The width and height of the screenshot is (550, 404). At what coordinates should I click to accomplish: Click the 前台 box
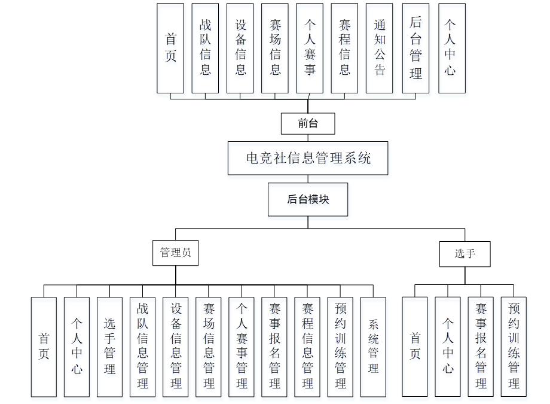tap(308, 124)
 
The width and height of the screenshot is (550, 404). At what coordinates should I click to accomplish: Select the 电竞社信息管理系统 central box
tap(308, 158)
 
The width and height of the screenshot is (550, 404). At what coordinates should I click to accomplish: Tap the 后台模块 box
tap(308, 200)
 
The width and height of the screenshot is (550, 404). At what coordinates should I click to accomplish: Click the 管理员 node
tap(175, 253)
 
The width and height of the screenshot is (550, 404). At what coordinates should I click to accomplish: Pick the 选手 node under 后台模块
tap(465, 254)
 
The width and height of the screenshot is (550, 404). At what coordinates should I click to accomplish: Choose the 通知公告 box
tap(380, 48)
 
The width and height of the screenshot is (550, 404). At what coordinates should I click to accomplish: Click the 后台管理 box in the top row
tap(415, 48)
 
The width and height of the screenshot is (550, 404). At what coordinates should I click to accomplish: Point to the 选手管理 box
tap(109, 347)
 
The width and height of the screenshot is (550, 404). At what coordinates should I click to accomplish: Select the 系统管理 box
tap(373, 347)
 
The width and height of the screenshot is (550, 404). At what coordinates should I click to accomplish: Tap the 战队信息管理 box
tap(142, 347)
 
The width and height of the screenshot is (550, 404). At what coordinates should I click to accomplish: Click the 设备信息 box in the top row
tap(240, 48)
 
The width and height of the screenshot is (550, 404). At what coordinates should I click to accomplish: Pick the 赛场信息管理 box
tap(208, 347)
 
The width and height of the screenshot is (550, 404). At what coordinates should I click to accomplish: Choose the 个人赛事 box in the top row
tap(310, 48)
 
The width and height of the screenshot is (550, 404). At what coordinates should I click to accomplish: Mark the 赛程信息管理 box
tap(307, 347)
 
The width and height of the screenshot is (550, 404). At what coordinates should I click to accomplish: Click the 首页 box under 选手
tap(415, 347)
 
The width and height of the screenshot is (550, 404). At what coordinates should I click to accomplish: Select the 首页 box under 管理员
tap(44, 347)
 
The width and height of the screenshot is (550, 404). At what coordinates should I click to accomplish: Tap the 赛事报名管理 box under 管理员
tap(274, 347)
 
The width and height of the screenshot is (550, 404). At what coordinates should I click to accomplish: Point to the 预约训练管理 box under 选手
tap(514, 347)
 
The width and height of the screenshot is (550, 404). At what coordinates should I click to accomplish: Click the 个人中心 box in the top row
tap(451, 48)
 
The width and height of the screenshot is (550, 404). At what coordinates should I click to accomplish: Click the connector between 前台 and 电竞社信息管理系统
tap(308, 138)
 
